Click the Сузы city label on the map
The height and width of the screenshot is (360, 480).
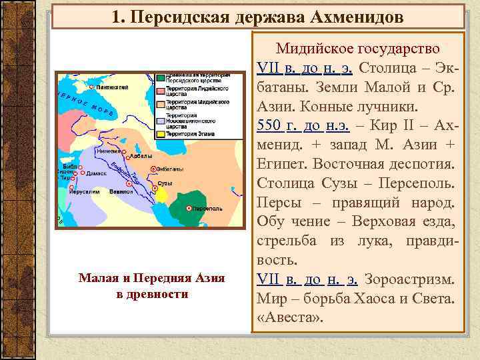click(165, 183)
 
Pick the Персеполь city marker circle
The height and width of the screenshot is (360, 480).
click(190, 209)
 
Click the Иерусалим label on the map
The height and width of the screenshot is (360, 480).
click(83, 191)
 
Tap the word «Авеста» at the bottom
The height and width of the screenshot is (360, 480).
click(289, 318)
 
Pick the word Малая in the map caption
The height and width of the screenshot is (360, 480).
click(96, 279)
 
